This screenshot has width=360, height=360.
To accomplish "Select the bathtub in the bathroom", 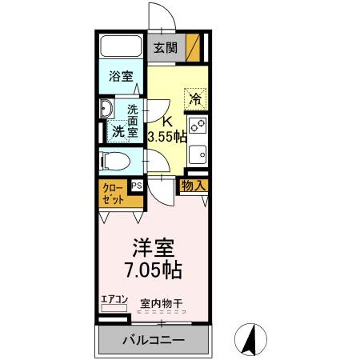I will coord(122,47).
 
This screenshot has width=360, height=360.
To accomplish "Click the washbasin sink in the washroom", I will coord(106,109).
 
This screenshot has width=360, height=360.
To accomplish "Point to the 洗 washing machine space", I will coord(119,132).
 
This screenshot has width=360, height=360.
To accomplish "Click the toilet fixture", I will coord(114,161).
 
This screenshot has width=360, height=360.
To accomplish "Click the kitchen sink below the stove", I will coord(197,154).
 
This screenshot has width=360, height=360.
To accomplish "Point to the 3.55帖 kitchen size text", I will coord(167,136).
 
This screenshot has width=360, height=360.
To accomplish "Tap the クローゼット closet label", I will coord(114,194).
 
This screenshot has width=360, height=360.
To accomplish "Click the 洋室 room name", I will coord(153,248).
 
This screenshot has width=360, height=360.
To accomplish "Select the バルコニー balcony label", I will coord(154,341).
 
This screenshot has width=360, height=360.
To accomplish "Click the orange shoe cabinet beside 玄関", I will coord(195,47).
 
